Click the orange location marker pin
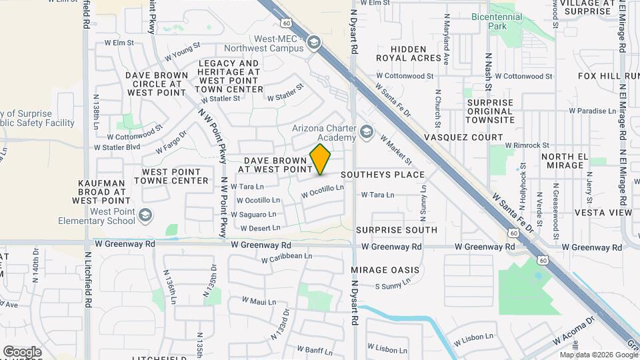321,159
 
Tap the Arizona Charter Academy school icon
365,133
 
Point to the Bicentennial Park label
499,21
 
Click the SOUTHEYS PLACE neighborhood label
383,175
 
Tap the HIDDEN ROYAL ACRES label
408,53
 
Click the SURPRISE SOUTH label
396,230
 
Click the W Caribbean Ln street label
287,257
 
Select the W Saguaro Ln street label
253,214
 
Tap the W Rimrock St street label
527,145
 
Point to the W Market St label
395,149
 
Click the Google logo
22,352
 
